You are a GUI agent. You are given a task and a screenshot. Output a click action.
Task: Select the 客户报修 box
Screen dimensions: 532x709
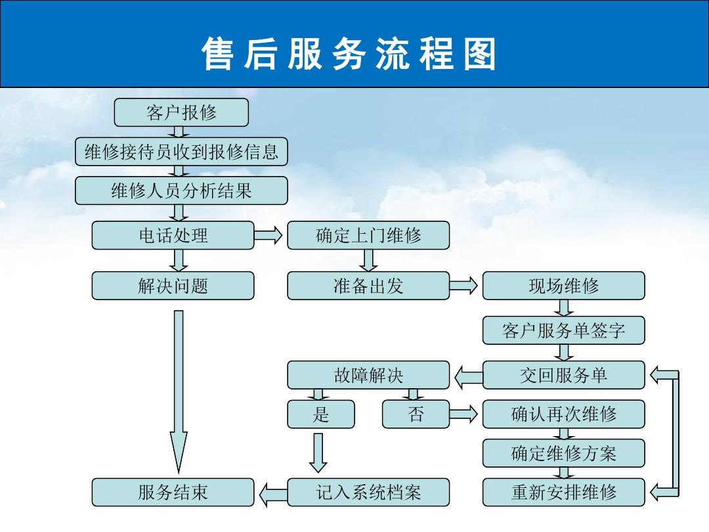[x=181, y=112]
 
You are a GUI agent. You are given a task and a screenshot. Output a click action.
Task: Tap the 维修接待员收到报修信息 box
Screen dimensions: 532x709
[x=181, y=152]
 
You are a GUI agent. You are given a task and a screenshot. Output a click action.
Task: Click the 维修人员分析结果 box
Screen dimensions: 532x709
[x=181, y=191]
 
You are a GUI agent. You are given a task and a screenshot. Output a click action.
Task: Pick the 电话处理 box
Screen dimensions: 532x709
[x=173, y=235]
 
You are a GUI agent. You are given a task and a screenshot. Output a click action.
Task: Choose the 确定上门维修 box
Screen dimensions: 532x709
[x=368, y=235]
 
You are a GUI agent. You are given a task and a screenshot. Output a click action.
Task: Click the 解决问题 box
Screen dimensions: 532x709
[x=173, y=286]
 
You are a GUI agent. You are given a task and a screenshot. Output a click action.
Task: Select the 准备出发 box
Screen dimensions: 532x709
[x=368, y=286]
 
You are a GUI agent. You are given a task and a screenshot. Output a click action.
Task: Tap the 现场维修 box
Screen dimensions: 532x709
[x=563, y=286]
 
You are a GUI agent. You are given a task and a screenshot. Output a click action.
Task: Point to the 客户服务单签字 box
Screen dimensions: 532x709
[x=563, y=330]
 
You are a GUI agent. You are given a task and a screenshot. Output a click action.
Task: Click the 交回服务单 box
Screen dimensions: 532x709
[x=563, y=375]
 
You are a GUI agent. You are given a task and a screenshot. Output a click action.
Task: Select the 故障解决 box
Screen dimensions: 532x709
[x=368, y=375]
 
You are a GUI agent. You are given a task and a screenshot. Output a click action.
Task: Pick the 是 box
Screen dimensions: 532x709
[x=321, y=414]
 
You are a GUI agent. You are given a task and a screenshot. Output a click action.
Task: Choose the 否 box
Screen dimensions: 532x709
[x=416, y=414]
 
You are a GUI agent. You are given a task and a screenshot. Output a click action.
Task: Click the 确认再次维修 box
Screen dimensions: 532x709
[x=563, y=414]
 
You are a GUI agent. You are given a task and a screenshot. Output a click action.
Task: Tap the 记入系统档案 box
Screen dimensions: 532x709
[x=368, y=492]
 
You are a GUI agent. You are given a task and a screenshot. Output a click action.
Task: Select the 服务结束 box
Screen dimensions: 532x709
[x=173, y=492]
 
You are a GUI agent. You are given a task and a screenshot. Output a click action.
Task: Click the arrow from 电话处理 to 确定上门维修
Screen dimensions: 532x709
[x=268, y=235]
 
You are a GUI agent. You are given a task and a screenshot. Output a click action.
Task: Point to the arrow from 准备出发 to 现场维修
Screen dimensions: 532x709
[x=463, y=286]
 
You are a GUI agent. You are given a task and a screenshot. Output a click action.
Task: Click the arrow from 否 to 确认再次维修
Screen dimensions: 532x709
[x=463, y=414]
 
